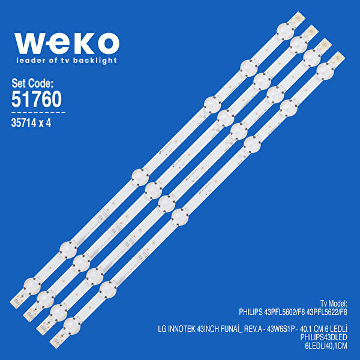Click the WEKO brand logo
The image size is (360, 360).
tap(66, 43)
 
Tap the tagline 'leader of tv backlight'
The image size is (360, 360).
tap(66, 61)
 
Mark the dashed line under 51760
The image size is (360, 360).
tap(38, 112)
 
